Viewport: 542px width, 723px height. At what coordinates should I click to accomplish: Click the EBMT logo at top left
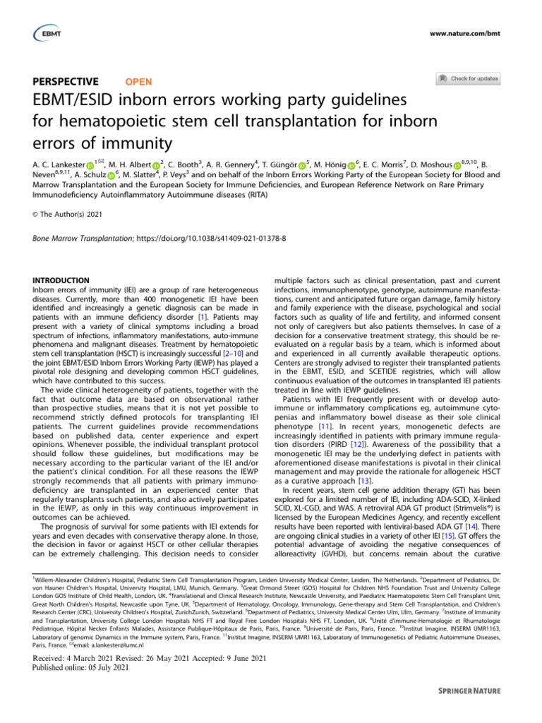pyautogui.click(x=46, y=32)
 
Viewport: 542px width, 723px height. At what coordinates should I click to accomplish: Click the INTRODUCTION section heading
pyautogui.click(x=61, y=280)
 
